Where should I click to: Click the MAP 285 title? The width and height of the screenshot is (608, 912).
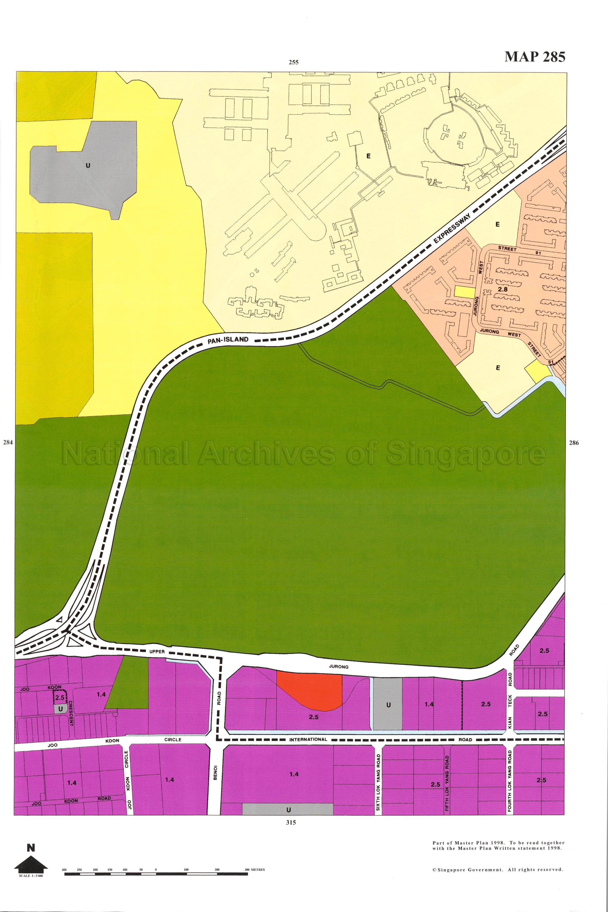click(x=535, y=57)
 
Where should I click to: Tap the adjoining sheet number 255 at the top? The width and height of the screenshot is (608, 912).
click(x=293, y=62)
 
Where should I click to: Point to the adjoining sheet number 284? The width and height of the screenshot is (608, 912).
click(x=8, y=442)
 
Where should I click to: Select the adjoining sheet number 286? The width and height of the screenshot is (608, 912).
click(x=574, y=443)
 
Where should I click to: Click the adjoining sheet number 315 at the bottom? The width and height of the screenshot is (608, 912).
click(x=291, y=822)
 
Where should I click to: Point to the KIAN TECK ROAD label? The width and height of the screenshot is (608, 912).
click(x=510, y=706)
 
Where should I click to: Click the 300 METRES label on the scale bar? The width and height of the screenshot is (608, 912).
click(x=255, y=870)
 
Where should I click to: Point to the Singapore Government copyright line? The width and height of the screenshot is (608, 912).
click(x=498, y=870)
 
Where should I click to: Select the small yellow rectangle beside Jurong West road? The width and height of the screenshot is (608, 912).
click(x=465, y=292)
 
